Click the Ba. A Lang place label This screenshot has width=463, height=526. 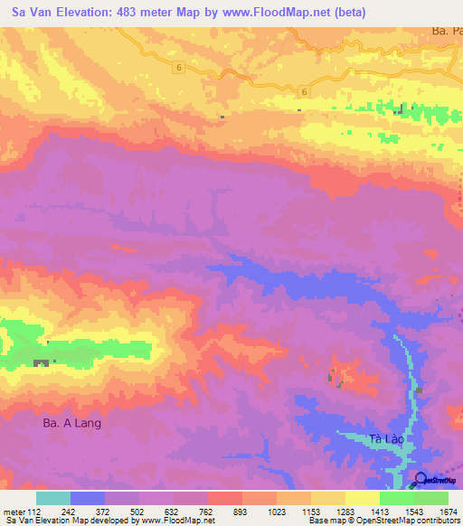[71, 422]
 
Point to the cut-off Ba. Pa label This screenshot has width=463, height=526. [446, 31]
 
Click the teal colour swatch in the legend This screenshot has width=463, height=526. [53, 498]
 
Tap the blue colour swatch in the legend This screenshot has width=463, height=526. [88, 498]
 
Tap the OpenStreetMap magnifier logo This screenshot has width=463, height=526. [420, 479]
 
